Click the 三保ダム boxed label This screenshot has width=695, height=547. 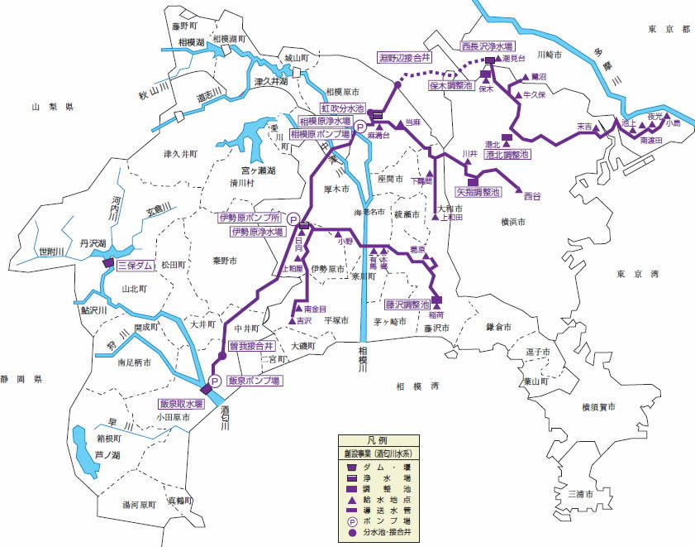pos(136,266)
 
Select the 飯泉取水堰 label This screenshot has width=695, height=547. pos(182,405)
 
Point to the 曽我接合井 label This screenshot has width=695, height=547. pos(250,345)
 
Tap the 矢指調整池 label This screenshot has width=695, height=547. pos(478,192)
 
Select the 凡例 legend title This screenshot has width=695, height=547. pos(381,440)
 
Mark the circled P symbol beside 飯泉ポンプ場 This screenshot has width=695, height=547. pos(214,381)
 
